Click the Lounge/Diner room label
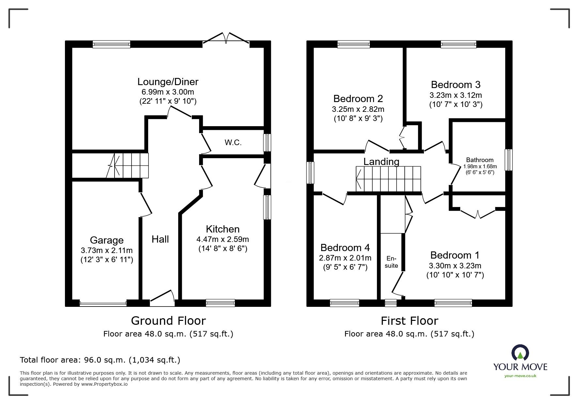(x=168, y=82)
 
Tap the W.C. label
(x=233, y=142)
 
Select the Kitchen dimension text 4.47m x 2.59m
(x=223, y=239)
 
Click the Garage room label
(x=106, y=240)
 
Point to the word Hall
(x=160, y=239)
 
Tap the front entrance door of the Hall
(x=162, y=297)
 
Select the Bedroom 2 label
(x=358, y=98)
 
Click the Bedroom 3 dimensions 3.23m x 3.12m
(x=456, y=95)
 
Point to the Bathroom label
(x=479, y=160)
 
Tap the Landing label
(x=381, y=162)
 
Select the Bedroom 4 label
(x=345, y=247)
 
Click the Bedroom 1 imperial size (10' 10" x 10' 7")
(x=455, y=275)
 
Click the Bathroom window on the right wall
(x=508, y=160)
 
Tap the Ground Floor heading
(x=168, y=321)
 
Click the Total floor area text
(x=100, y=360)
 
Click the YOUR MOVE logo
(x=520, y=360)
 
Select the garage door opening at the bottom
(x=103, y=304)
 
